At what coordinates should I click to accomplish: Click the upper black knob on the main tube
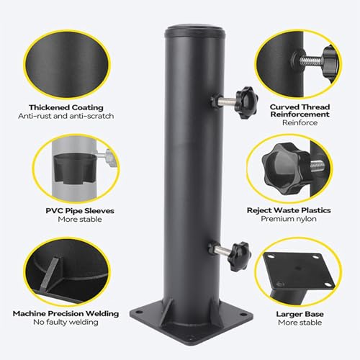[246, 103]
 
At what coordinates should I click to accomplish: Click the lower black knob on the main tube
[240, 256]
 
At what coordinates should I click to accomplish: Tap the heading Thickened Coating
[66, 107]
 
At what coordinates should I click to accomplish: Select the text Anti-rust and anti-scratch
[66, 116]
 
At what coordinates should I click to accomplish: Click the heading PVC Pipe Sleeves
[80, 211]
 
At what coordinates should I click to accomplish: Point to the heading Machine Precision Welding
[66, 313]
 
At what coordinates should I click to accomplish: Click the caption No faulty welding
[66, 322]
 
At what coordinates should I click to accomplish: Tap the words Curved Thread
[300, 107]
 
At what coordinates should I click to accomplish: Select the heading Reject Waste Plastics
[289, 210]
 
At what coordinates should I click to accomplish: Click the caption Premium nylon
[289, 219]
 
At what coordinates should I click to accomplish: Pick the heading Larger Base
[300, 314]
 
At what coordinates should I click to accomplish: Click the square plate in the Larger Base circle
[300, 271]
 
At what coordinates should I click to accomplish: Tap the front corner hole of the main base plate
[192, 338]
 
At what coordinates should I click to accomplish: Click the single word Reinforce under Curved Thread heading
[300, 122]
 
